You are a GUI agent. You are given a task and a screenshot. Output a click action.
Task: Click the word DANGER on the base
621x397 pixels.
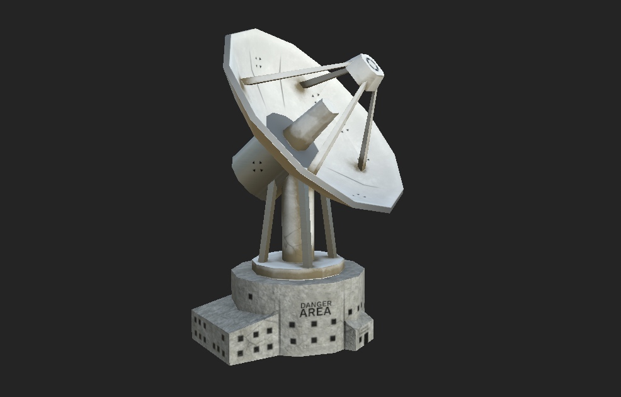click(316, 305)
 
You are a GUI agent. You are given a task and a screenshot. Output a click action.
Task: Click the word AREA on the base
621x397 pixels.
click(316, 312)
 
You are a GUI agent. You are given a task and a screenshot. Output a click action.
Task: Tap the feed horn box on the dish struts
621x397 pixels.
click(366, 72)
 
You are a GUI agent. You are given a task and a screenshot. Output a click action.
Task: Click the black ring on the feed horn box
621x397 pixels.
click(372, 64)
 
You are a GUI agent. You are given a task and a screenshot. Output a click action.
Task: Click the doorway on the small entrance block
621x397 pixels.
click(366, 338)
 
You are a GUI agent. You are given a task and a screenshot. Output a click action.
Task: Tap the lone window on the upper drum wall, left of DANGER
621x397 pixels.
click(250, 296)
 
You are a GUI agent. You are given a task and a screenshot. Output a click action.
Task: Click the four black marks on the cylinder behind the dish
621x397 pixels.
click(258, 166)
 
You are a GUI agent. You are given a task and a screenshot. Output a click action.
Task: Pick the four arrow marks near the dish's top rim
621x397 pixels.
click(258, 62)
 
